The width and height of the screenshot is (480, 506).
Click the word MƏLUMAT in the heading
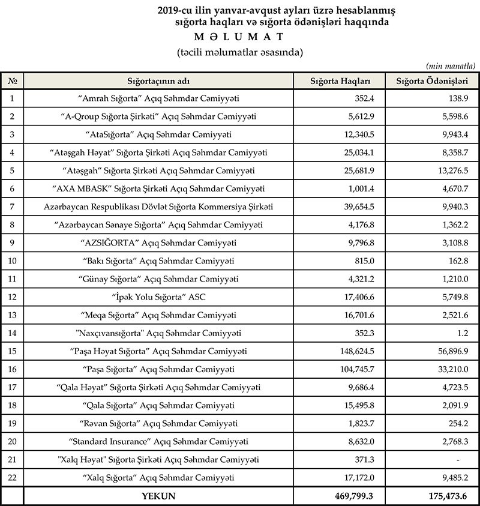239,37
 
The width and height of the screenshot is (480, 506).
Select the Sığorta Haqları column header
340,81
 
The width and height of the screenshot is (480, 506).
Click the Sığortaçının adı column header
158,81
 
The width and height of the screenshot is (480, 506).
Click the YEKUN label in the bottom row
158,496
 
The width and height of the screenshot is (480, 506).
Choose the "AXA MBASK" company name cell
158,189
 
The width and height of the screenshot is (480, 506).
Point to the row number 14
12,332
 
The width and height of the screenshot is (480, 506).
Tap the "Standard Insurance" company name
158,442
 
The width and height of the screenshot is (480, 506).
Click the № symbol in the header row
12,81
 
